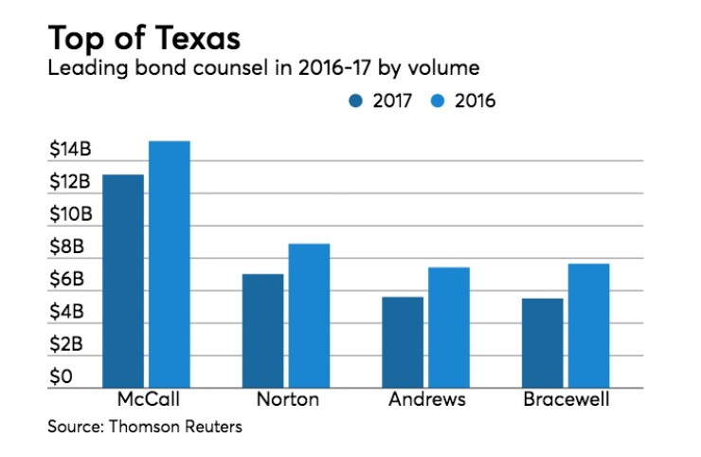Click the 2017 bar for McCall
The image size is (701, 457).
point(123,281)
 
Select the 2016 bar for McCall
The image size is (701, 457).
point(170,265)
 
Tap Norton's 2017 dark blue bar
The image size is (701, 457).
point(263,331)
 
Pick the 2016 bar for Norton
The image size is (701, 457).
point(310,316)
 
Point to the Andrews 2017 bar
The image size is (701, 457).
point(403,342)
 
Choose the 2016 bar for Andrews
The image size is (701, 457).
point(449,328)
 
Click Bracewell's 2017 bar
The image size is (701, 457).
point(542,343)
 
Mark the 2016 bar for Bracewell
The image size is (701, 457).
point(589,326)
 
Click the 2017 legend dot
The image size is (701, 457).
point(356,101)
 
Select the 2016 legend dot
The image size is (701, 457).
point(438,101)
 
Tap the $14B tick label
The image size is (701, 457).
point(70,149)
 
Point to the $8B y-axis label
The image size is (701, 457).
point(66,247)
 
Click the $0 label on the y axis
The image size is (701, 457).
point(61,376)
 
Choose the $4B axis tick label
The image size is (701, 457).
point(66,311)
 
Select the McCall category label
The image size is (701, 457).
point(149,399)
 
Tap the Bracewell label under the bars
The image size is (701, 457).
point(566,399)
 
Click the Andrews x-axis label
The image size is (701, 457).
point(427,399)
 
